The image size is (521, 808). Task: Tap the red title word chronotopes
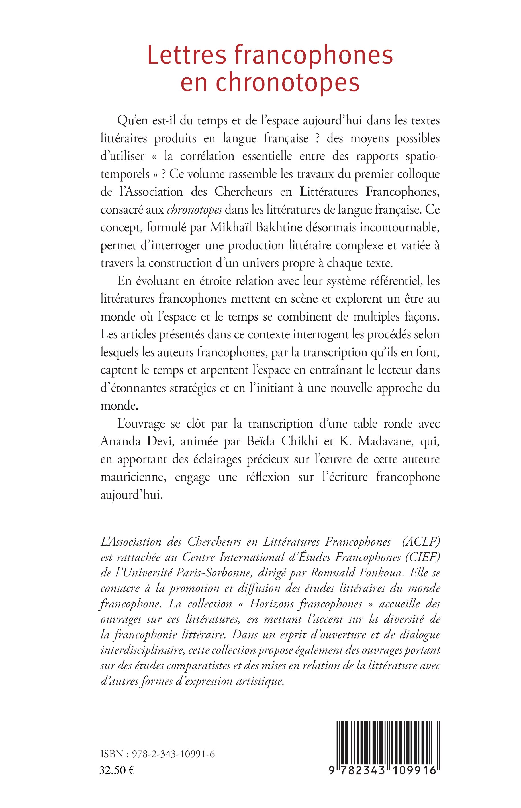pos(288,83)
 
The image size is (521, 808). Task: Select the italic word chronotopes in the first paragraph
pos(195,210)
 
